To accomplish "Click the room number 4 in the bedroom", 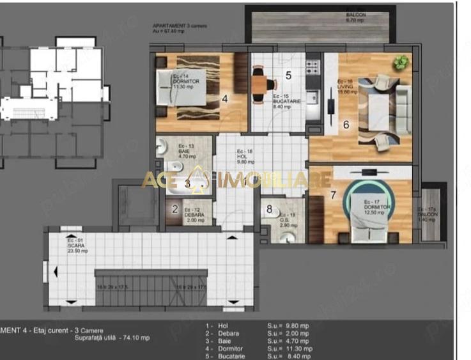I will coord(225,99).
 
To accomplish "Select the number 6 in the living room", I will coord(346,125).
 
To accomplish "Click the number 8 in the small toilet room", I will coord(270,208).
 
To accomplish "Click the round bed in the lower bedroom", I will coord(367,204).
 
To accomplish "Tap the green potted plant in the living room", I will coord(401,62).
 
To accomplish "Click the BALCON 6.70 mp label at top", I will coord(355,17).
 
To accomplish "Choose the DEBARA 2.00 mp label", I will coord(194,215).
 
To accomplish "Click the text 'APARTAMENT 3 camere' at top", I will coord(178,24).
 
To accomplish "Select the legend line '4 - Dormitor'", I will coord(226,348).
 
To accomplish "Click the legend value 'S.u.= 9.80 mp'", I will coord(289,325).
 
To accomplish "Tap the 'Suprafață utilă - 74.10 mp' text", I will coord(112,338).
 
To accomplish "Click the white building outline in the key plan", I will coord(64,74).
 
